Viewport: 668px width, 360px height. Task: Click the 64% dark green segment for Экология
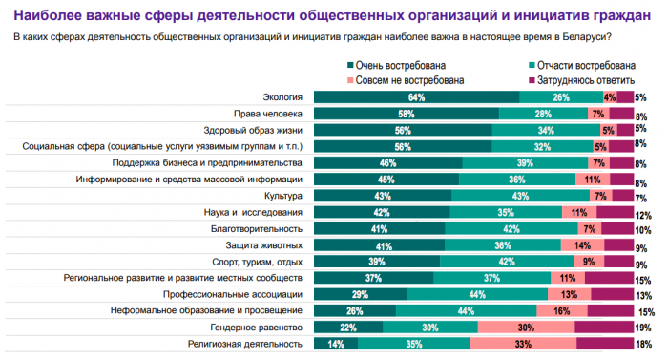(x=417, y=97)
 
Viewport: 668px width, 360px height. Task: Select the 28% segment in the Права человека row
(x=544, y=114)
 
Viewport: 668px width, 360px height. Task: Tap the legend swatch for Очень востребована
(x=350, y=65)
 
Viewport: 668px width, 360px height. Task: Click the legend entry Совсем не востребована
(x=406, y=80)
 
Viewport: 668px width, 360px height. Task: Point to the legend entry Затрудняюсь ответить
(x=581, y=80)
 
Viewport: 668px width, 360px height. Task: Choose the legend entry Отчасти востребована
(x=582, y=65)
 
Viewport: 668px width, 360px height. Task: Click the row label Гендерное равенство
(x=257, y=328)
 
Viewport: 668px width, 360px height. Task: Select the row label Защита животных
(x=264, y=245)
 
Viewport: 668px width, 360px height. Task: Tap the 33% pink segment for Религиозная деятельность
(x=523, y=344)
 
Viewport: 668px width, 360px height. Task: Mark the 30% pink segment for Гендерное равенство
(x=526, y=328)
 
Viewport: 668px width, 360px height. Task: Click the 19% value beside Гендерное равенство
(x=643, y=328)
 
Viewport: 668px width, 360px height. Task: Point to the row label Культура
(x=283, y=196)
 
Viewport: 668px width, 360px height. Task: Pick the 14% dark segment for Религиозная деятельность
(x=336, y=344)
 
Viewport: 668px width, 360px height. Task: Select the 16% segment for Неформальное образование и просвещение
(x=562, y=311)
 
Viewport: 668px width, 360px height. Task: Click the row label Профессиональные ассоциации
(x=233, y=294)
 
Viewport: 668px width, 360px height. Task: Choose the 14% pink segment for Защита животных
(x=582, y=245)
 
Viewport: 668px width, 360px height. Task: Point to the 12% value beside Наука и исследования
(x=643, y=216)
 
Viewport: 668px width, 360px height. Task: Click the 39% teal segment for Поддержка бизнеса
(x=525, y=163)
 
